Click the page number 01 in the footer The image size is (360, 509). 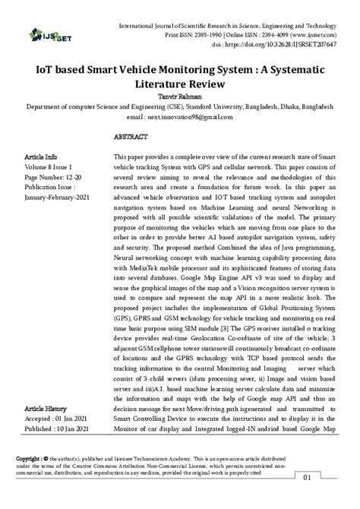[329, 477]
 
